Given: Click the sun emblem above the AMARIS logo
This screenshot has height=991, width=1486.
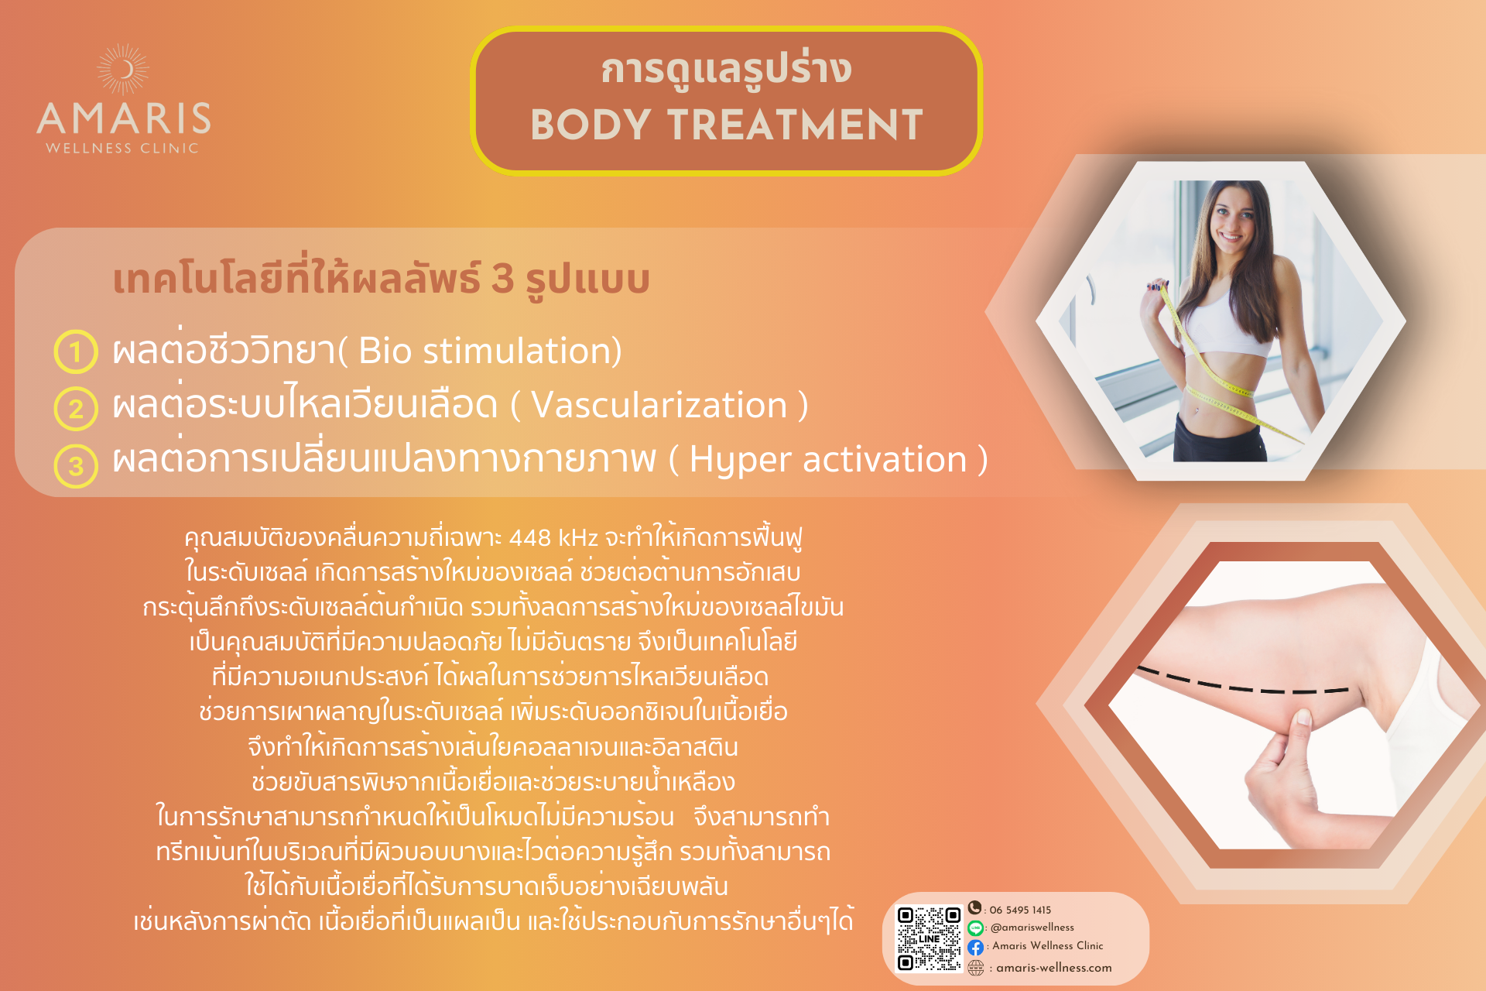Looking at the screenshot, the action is click(123, 70).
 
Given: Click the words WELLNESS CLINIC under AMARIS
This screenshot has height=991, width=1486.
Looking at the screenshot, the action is click(122, 148).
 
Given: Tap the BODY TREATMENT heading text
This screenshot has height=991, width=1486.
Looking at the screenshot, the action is click(727, 125).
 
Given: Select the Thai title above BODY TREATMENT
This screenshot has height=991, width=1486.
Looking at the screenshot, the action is click(727, 70).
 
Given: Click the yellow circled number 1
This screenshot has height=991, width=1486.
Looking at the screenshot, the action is click(76, 351).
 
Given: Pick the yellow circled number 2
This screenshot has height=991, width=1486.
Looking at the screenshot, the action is click(76, 408).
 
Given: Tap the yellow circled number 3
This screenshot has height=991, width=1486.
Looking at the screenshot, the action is click(76, 465).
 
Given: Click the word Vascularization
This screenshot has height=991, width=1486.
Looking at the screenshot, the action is click(659, 405).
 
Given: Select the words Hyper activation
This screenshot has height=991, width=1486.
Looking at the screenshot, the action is click(828, 460).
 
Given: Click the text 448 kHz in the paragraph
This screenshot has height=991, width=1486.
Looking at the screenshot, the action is click(553, 537).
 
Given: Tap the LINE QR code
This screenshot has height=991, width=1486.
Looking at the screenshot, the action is click(929, 938).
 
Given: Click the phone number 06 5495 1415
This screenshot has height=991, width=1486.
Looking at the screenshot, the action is click(1020, 910).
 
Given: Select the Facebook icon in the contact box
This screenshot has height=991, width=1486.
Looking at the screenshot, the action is click(975, 947).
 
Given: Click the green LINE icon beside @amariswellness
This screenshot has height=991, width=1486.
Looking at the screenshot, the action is click(975, 928).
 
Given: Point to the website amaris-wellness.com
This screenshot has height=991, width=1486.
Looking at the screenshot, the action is click(1053, 968).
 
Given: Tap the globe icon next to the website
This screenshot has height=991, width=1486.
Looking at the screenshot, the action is click(976, 968).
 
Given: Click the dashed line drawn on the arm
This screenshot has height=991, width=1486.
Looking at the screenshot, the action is click(1243, 682).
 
